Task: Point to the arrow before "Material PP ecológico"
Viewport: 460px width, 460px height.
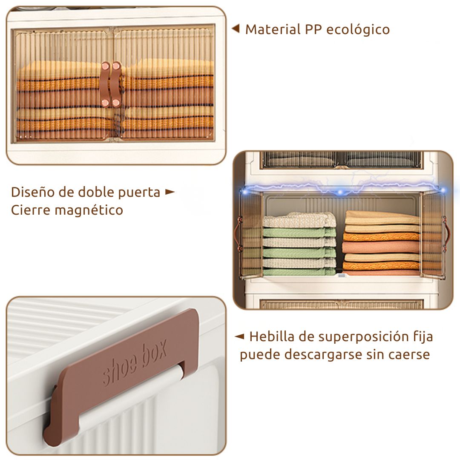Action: click(235, 29)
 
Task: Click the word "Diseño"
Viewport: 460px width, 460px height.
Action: click(32, 192)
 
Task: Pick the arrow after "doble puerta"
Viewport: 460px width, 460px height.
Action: click(170, 192)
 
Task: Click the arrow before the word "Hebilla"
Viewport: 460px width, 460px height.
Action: click(239, 336)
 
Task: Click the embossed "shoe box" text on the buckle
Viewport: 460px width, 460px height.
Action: click(134, 363)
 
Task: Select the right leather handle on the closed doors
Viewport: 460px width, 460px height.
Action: click(116, 84)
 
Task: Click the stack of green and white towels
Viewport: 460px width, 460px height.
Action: click(299, 244)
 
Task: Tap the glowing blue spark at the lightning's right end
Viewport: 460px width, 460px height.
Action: click(443, 191)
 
